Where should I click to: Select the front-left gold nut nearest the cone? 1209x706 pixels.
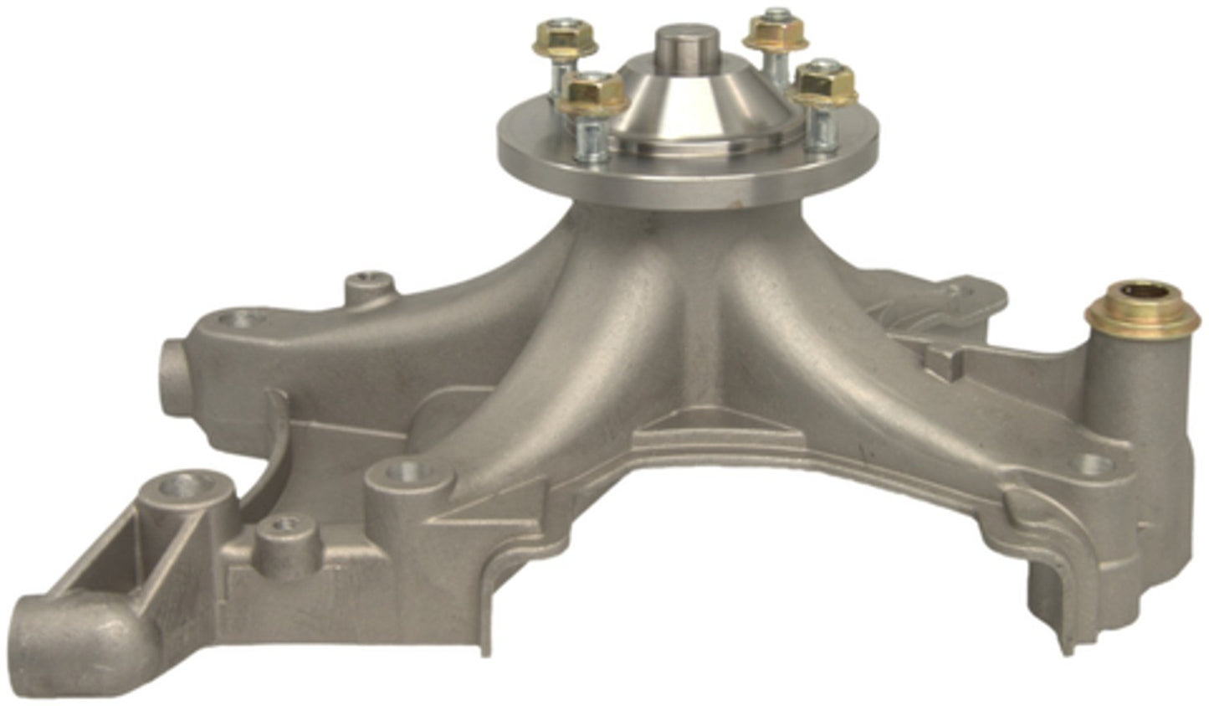[x=594, y=92]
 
